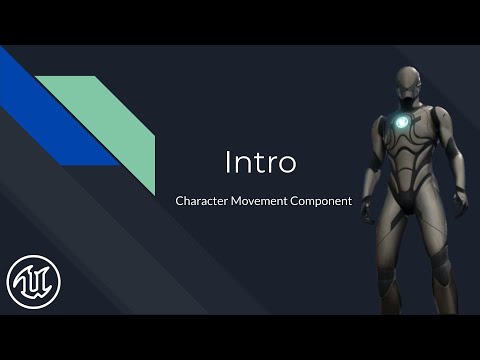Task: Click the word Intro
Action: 260,160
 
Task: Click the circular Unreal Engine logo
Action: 33,282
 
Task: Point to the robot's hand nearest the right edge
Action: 462,202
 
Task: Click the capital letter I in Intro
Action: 228,160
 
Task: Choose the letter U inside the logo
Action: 33,282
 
